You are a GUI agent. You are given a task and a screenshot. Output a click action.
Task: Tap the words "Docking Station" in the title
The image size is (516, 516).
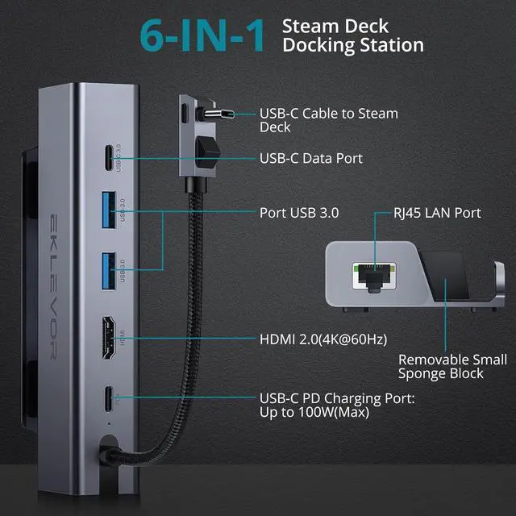[x=353, y=45]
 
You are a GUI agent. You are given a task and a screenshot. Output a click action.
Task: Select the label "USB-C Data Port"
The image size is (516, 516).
[x=310, y=159]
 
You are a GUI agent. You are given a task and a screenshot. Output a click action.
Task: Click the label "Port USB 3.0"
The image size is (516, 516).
[x=298, y=213]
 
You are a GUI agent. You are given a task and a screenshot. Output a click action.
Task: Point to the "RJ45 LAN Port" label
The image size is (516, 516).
[x=439, y=213]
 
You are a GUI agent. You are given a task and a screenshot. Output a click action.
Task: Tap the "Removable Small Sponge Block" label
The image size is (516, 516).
[x=452, y=366]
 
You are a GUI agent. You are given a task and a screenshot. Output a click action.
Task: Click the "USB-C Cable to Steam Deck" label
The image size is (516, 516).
[x=328, y=120]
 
